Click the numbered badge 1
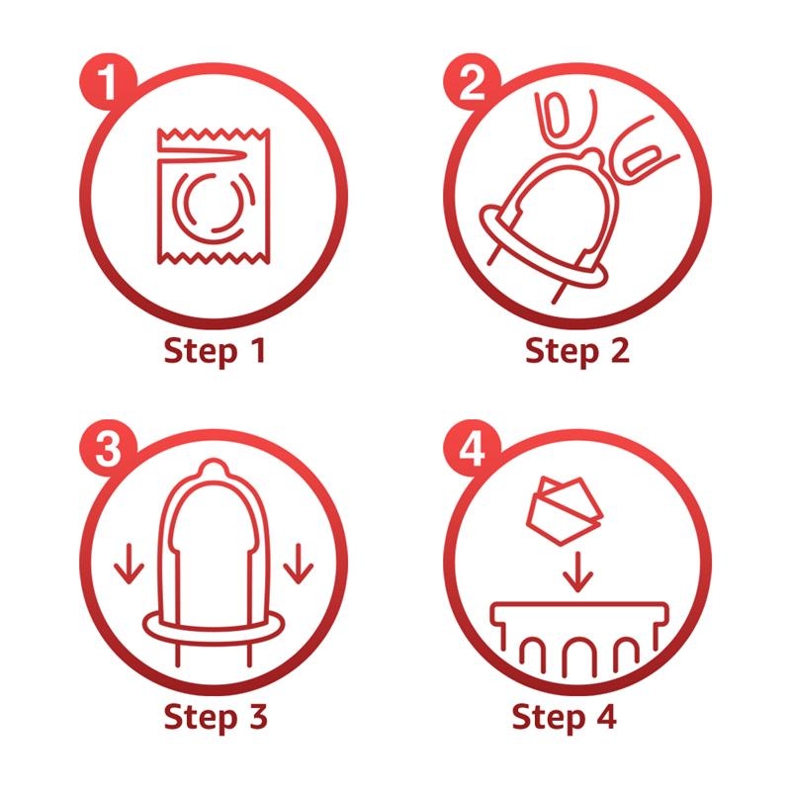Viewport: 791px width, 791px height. coord(108,82)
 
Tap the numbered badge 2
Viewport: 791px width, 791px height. coord(473,82)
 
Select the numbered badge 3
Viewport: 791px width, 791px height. coord(108,450)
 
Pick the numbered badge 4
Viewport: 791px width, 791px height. coord(473,450)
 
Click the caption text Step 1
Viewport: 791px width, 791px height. coord(215,352)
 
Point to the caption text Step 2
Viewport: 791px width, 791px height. coord(577,352)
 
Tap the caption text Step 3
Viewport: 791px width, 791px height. coord(216,717)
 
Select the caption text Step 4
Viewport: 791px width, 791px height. coord(564,717)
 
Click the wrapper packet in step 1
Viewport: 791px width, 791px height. coord(214,196)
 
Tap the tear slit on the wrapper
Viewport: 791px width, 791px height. coord(202,156)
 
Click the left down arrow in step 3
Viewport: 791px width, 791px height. coord(130,564)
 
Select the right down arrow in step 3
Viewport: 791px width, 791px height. coord(299,564)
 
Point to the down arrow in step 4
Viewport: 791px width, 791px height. coord(577,572)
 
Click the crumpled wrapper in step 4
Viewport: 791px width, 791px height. coord(565,510)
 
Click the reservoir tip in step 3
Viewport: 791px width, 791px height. coord(213,468)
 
